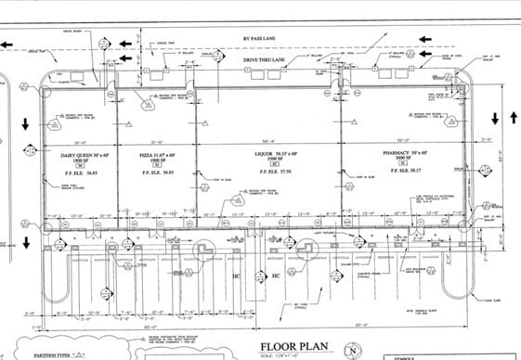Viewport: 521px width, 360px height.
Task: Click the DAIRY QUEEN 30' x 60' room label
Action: pyautogui.click(x=78, y=152)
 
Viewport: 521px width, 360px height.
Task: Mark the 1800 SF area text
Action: pyautogui.click(x=79, y=159)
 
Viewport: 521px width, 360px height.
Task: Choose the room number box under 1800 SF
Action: pyautogui.click(x=79, y=165)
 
